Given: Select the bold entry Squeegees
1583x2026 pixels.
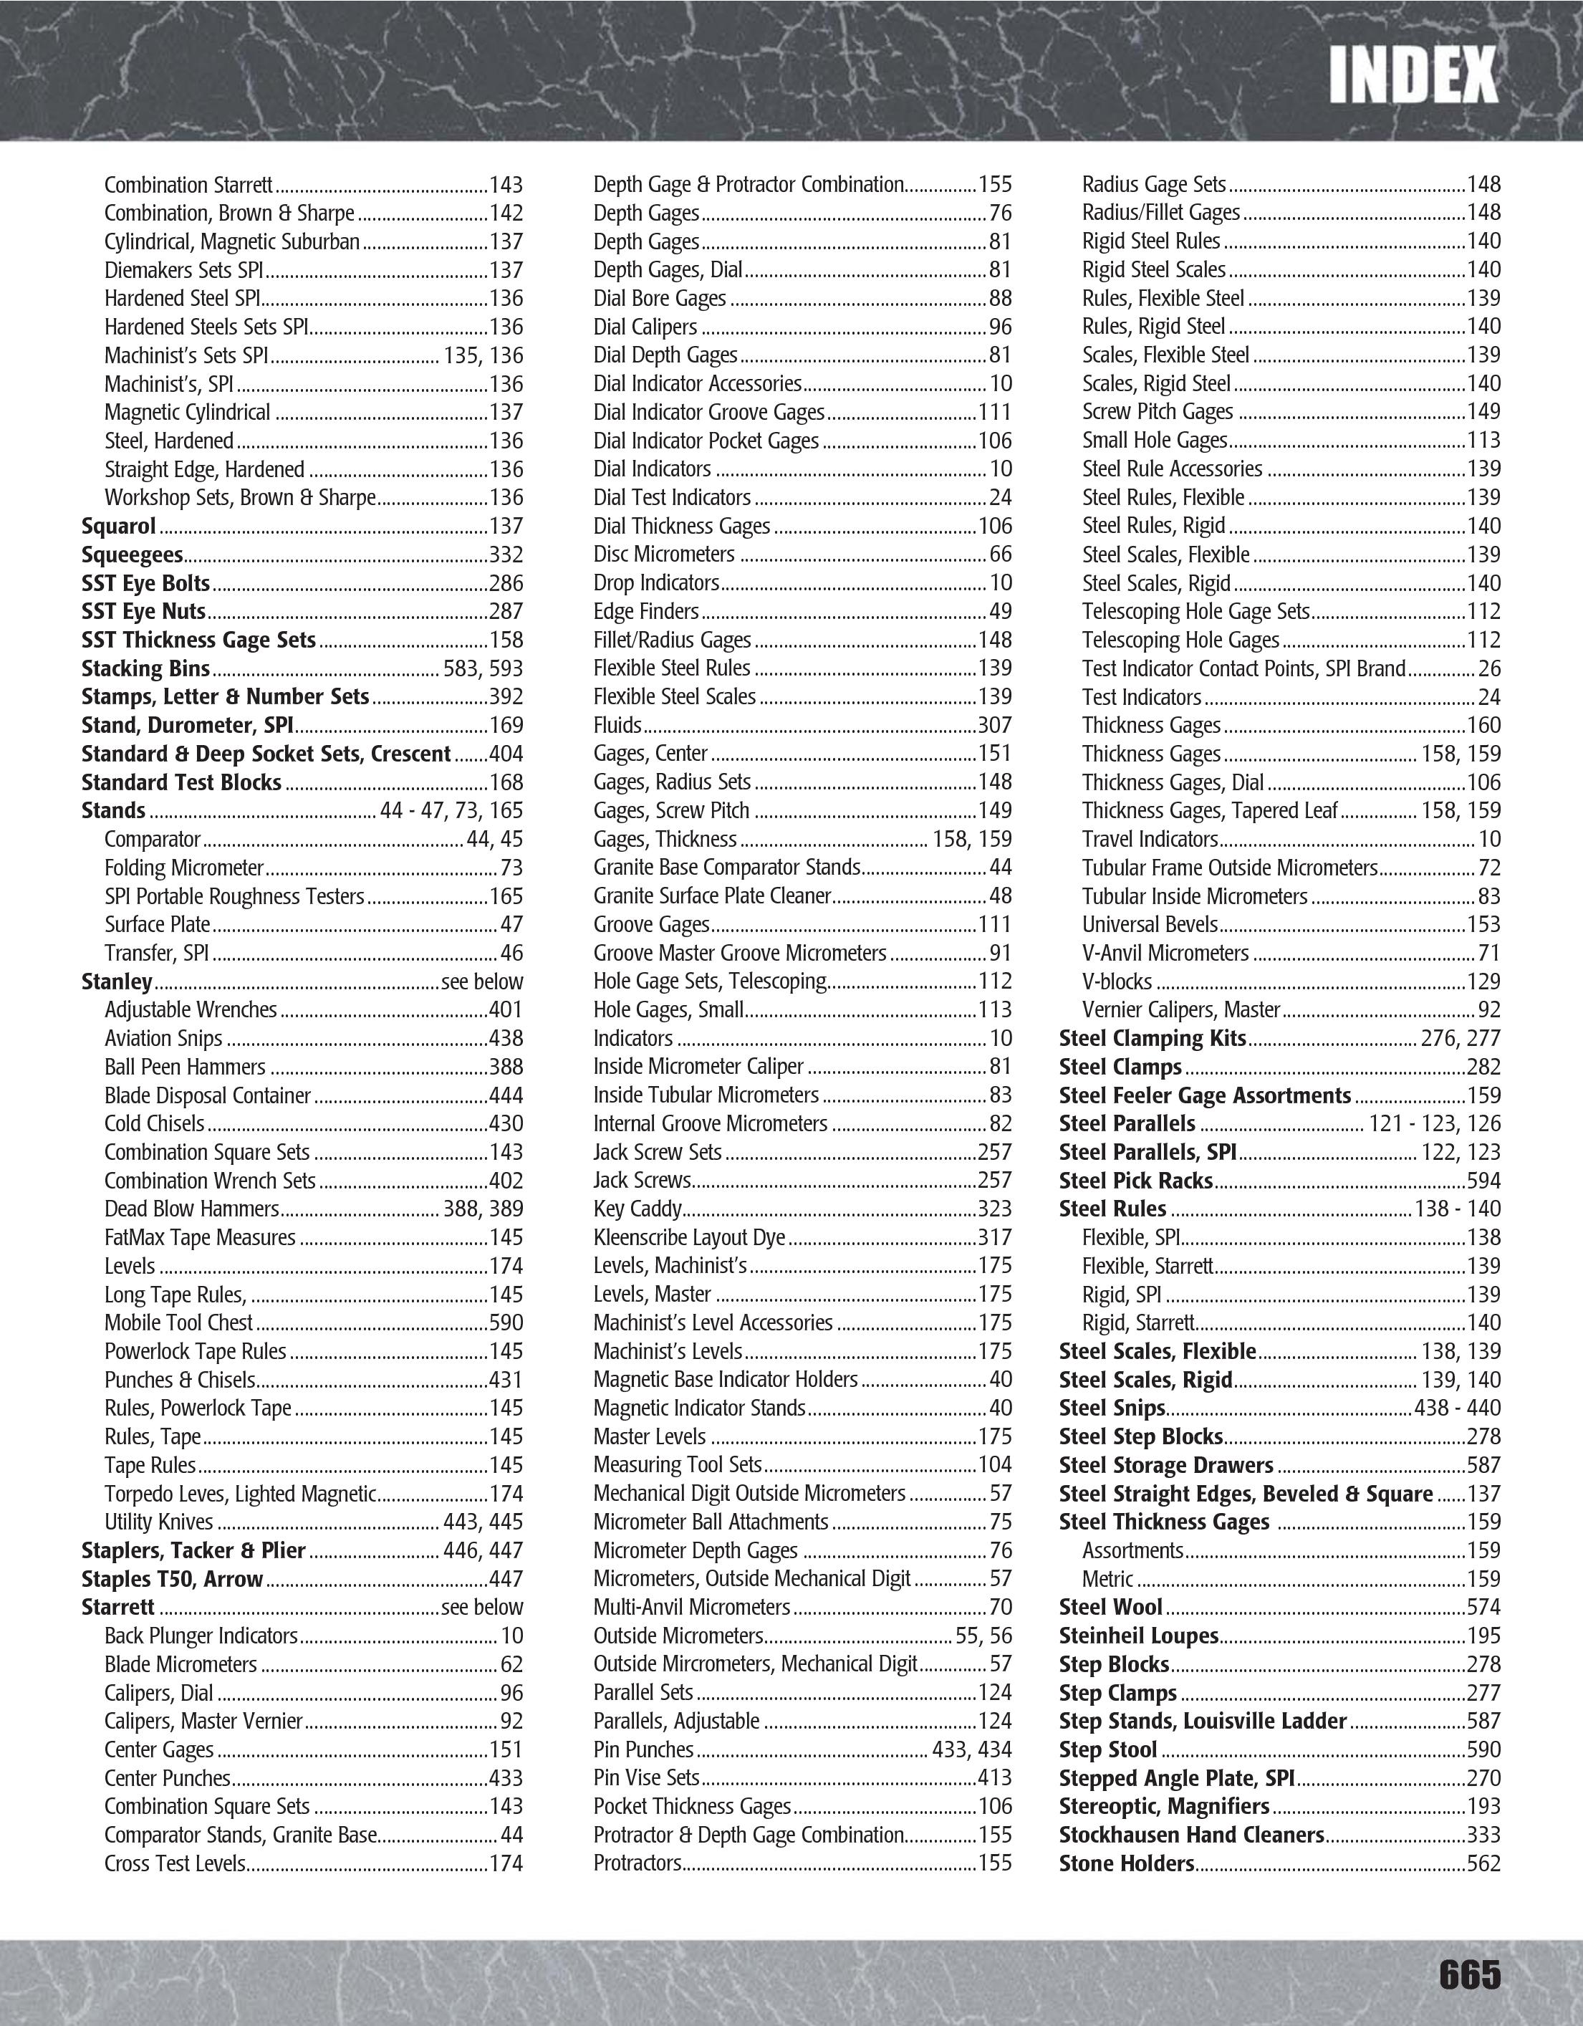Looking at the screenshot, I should [x=132, y=554].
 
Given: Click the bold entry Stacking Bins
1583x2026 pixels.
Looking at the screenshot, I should [x=145, y=669].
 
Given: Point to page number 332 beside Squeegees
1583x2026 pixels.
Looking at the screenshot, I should [x=506, y=554].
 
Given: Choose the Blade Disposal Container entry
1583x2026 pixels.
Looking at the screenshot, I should [x=207, y=1095].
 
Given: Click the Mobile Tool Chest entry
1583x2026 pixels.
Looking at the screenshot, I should [x=178, y=1322].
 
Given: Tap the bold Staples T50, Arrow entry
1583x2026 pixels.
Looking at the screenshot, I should [x=172, y=1579].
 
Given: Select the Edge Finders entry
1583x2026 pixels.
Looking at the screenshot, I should [x=645, y=611].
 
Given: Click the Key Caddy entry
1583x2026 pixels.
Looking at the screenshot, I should [x=637, y=1209].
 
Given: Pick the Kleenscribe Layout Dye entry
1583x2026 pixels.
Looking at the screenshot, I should [x=689, y=1237].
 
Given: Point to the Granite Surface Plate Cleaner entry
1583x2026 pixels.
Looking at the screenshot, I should [x=711, y=896].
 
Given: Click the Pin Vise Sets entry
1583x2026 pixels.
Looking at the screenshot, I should [x=645, y=1777].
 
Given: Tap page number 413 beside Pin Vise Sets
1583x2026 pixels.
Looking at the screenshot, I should [x=994, y=1777].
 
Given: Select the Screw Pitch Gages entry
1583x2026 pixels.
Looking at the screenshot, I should [x=1158, y=412].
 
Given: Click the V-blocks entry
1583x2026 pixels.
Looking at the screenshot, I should [x=1117, y=981].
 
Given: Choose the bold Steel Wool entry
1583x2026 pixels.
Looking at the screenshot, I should [x=1110, y=1607].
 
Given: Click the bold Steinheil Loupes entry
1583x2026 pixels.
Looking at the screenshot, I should [x=1138, y=1636].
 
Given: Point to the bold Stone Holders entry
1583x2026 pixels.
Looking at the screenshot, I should [x=1126, y=1863].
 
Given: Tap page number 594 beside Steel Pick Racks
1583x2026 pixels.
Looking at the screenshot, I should [x=1483, y=1181].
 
